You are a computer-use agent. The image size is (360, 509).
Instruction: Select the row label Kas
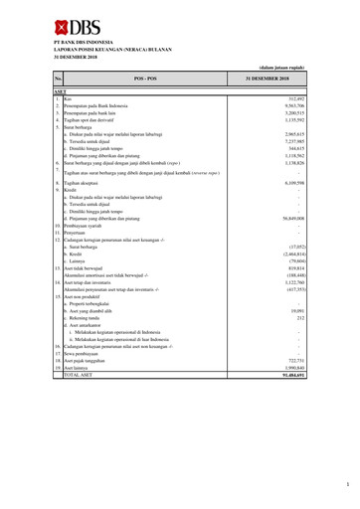(x=68, y=97)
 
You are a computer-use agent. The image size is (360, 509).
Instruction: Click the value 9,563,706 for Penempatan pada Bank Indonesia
(x=288, y=104)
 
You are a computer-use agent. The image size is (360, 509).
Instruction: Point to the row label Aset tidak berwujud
(x=88, y=268)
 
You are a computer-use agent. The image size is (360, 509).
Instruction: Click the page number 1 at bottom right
(x=348, y=485)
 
